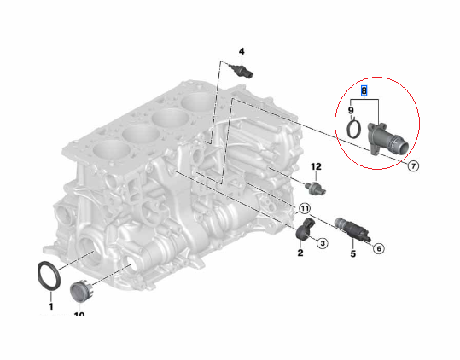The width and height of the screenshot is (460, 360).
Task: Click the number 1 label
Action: [x=50, y=305]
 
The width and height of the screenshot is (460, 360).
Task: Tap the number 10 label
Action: [x=79, y=315]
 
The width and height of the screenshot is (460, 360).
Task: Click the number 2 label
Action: [x=300, y=253]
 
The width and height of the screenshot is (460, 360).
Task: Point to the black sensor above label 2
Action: [x=306, y=229]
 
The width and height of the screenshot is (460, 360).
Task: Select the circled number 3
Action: [x=323, y=243]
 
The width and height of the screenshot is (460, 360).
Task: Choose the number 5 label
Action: [x=352, y=253]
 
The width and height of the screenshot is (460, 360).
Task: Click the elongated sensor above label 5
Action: [x=352, y=229]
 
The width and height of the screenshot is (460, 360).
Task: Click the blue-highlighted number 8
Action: [x=364, y=90]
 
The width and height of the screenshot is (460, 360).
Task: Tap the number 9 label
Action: [x=351, y=110]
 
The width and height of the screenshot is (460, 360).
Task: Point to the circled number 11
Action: [x=304, y=208]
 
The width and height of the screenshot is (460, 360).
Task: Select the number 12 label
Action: [x=315, y=165]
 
